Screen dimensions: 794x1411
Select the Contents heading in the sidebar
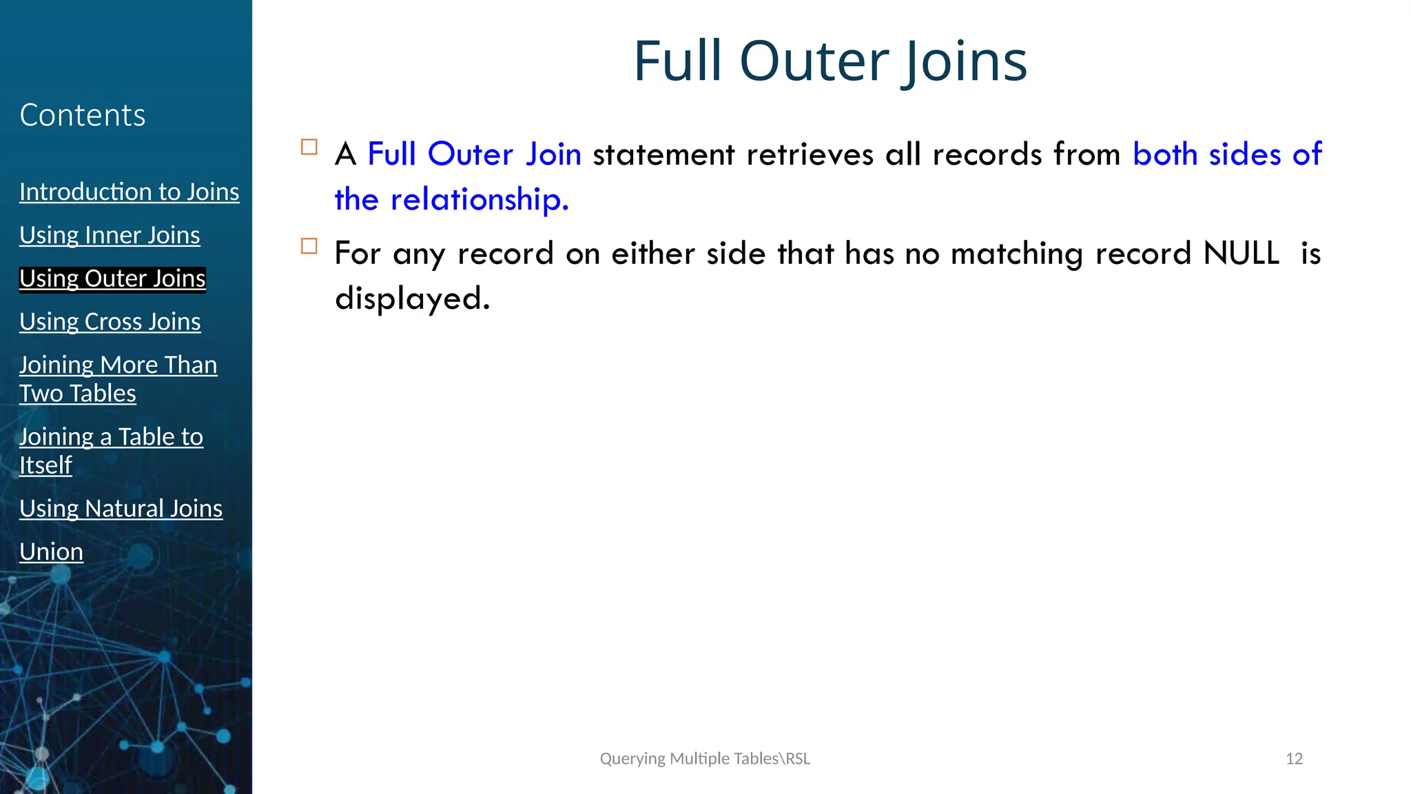pos(83,115)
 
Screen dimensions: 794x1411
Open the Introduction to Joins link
pos(130,192)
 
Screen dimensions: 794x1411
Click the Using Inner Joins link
pos(110,235)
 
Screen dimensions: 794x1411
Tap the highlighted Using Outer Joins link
pos(112,278)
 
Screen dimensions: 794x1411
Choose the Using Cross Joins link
pos(110,322)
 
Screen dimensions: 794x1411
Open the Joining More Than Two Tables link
pos(118,378)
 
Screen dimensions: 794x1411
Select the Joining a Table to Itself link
pos(111,451)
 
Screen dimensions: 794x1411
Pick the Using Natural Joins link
pos(121,509)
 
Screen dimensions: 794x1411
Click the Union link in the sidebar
pos(52,552)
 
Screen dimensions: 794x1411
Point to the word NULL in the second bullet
pos(1241,254)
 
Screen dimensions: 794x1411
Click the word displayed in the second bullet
pos(412,298)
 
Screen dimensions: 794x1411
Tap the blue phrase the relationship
pos(451,200)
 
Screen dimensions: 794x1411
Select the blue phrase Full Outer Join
pos(474,154)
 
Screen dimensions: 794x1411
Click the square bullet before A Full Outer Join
pos(309,147)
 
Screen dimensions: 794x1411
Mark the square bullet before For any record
pos(309,246)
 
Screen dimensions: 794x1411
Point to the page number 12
pos(1294,759)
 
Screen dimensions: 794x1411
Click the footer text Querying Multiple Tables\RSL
pos(705,759)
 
